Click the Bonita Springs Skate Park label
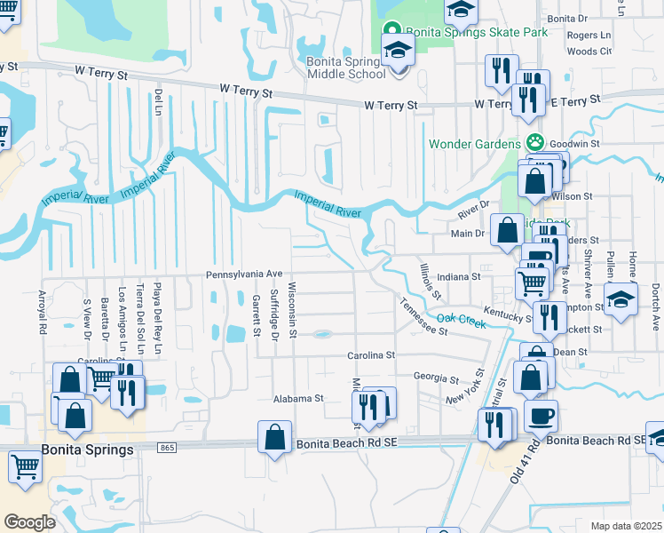point(478,32)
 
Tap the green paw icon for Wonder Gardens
point(534,142)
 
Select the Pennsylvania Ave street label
point(244,274)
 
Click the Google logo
point(29,521)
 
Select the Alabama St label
point(299,400)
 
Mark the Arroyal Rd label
point(42,311)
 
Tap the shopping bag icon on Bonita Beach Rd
point(274,438)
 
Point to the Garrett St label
point(256,316)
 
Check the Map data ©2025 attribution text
point(627,526)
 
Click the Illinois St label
point(431,279)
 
